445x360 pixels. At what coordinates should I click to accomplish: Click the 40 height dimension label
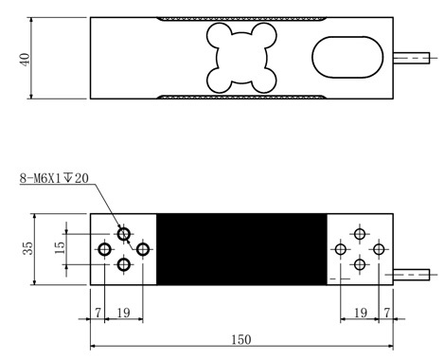coord(25,60)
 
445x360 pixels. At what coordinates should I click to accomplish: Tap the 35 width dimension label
coord(28,248)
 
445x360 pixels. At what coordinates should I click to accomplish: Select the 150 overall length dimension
coord(241,339)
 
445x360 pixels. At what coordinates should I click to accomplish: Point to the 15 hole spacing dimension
coord(60,248)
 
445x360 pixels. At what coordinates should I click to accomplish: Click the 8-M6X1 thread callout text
coord(54,178)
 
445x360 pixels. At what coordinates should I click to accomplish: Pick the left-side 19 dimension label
coord(123,313)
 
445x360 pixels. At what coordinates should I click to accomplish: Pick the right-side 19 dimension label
coord(361,313)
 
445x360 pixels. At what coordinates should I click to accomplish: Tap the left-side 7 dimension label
coord(98,313)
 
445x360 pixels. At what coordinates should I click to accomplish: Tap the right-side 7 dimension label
coord(387,313)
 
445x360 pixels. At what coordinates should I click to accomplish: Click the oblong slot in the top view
coord(347,57)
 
